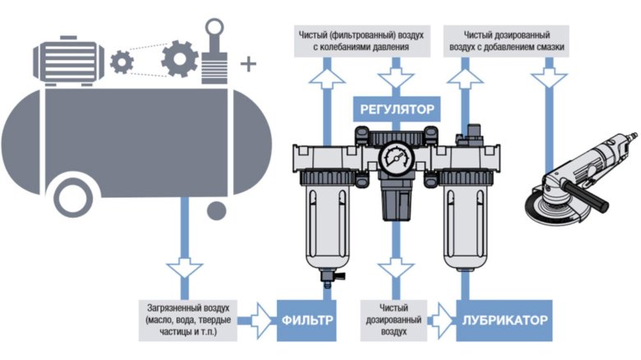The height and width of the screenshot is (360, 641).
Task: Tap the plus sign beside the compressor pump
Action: coord(247,62)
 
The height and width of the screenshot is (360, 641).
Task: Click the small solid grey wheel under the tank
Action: coord(216,211)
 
